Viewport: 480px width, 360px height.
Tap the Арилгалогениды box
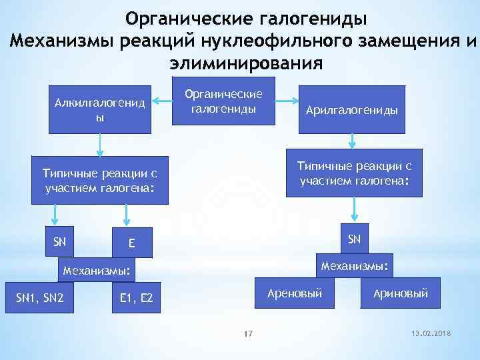352,110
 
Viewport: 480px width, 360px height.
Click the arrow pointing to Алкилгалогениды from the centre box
161,101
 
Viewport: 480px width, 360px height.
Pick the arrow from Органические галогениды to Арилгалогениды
287,101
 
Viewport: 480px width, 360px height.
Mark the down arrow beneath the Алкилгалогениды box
101,144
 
